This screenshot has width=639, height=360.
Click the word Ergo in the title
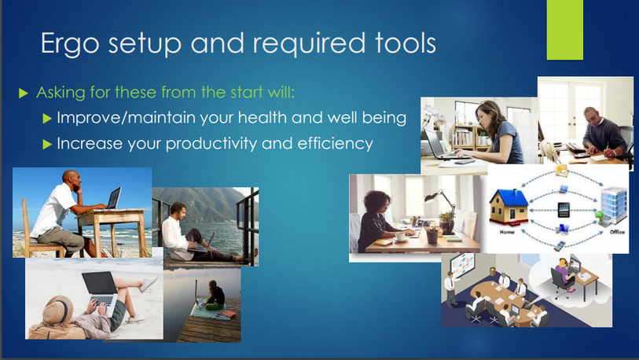click(x=70, y=44)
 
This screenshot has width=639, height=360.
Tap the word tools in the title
click(x=406, y=42)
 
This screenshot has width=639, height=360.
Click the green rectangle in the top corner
click(x=565, y=30)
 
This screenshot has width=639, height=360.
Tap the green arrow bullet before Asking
click(x=24, y=94)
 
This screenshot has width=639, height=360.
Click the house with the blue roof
click(x=509, y=208)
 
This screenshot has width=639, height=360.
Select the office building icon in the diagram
click(x=613, y=206)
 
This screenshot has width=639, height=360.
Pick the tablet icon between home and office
click(x=564, y=210)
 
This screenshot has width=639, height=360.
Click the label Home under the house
click(x=506, y=232)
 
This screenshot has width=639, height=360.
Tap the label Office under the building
click(x=617, y=232)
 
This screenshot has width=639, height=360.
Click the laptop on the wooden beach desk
click(x=114, y=198)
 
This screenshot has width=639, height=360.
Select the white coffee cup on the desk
click(x=400, y=236)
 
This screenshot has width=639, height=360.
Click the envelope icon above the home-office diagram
click(x=561, y=171)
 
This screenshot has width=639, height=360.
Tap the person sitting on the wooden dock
click(x=215, y=295)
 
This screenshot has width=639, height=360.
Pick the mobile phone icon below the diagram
click(x=560, y=246)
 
